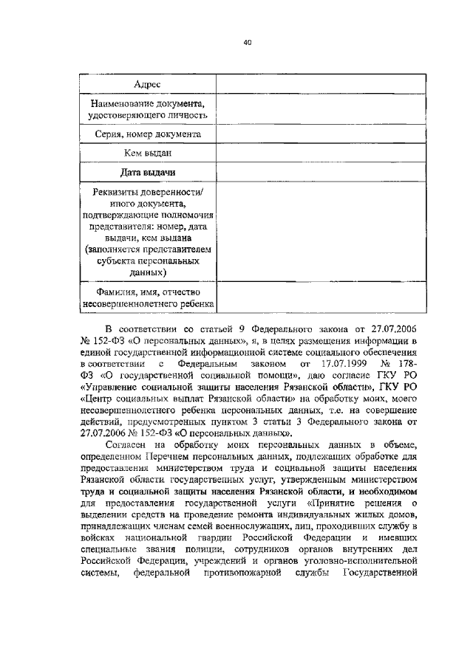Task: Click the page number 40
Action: click(247, 43)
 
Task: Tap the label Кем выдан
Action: click(148, 154)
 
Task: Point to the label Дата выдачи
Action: click(148, 172)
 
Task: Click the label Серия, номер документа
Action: click(148, 135)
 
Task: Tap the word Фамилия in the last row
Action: click(108, 292)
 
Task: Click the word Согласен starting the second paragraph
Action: click(129, 444)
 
